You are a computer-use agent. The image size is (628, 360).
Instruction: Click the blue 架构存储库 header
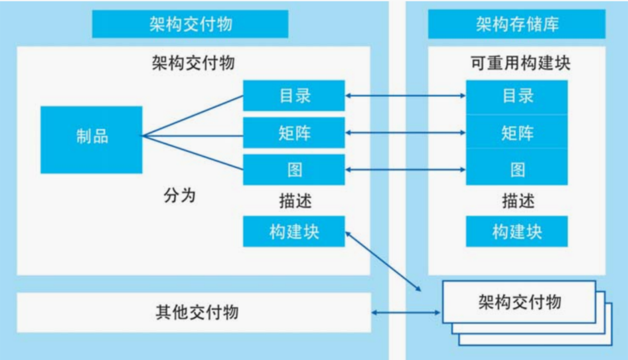[516, 25]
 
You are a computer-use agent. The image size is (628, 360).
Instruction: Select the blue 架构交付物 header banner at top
[190, 25]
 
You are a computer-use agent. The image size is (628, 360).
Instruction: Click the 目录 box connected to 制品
[294, 96]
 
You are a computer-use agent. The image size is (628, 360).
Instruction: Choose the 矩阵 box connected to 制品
[294, 133]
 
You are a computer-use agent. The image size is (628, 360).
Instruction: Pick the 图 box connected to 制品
[294, 169]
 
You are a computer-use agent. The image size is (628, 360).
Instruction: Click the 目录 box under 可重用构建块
[516, 96]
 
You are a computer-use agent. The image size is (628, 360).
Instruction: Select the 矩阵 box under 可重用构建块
[516, 133]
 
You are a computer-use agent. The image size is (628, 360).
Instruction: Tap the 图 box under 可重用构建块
[516, 169]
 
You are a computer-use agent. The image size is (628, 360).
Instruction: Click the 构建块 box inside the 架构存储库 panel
[516, 231]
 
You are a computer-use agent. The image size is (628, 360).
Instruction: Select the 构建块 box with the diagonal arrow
[294, 231]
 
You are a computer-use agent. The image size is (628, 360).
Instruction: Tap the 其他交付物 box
[193, 312]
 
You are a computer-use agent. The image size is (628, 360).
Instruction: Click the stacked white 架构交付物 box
[519, 303]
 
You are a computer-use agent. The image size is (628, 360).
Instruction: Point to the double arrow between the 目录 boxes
[405, 96]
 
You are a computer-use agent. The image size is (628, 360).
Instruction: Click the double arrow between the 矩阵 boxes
[405, 133]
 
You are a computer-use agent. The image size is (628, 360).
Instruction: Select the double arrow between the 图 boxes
[405, 170]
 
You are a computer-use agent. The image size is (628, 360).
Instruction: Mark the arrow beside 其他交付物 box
[405, 312]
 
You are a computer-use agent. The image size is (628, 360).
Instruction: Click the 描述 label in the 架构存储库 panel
[516, 200]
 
